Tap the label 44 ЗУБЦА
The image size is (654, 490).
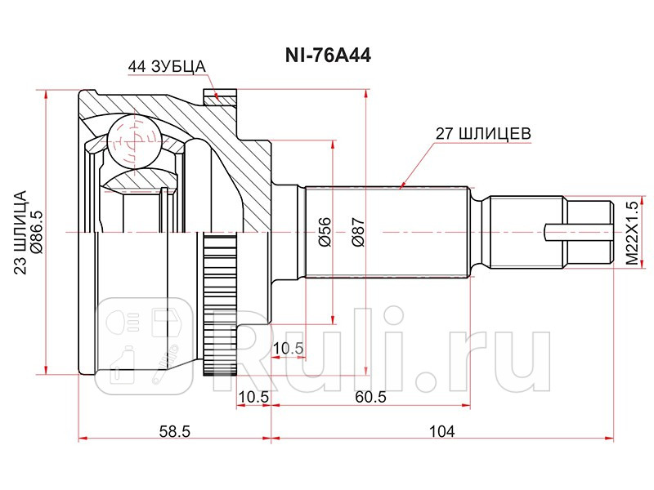[x=166, y=66]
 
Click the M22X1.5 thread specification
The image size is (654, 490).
[x=630, y=233]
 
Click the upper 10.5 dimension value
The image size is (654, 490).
[x=288, y=349]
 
